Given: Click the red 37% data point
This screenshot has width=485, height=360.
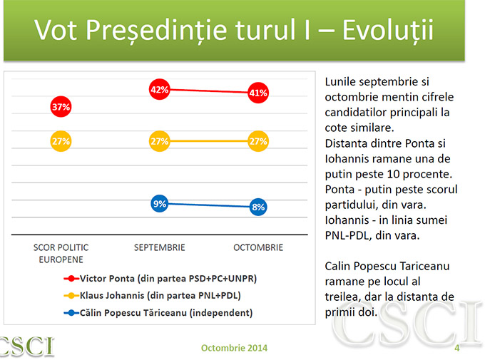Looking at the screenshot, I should click(x=61, y=107).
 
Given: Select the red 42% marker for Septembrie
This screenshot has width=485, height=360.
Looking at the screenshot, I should click(x=159, y=90).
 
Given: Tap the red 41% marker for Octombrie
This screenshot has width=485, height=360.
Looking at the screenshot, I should click(x=258, y=93).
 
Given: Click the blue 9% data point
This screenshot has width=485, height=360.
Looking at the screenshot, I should click(x=159, y=204).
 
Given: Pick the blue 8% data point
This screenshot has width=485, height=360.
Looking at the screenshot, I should click(x=258, y=207).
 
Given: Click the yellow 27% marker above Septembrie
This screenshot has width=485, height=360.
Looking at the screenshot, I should click(x=159, y=141).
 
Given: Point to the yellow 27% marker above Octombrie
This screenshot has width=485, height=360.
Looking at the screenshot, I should click(x=258, y=141).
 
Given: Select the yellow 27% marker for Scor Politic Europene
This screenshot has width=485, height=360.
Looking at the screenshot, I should click(x=61, y=141).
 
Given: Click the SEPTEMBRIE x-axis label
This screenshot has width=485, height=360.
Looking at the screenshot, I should click(x=159, y=247).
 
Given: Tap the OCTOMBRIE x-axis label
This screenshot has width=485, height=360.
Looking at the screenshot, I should click(x=258, y=247).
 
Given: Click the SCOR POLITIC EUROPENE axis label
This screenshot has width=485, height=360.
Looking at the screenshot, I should click(x=61, y=253).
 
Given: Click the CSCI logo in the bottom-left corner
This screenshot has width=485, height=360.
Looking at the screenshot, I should click(x=26, y=346).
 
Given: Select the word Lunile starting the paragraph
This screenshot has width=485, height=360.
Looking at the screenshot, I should click(x=341, y=82).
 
